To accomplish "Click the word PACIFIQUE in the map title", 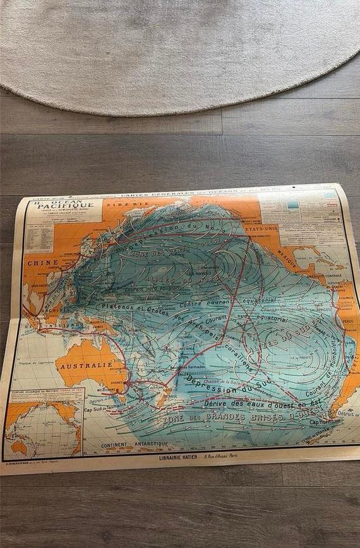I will (x=65, y=205).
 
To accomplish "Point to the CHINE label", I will (x=42, y=262).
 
